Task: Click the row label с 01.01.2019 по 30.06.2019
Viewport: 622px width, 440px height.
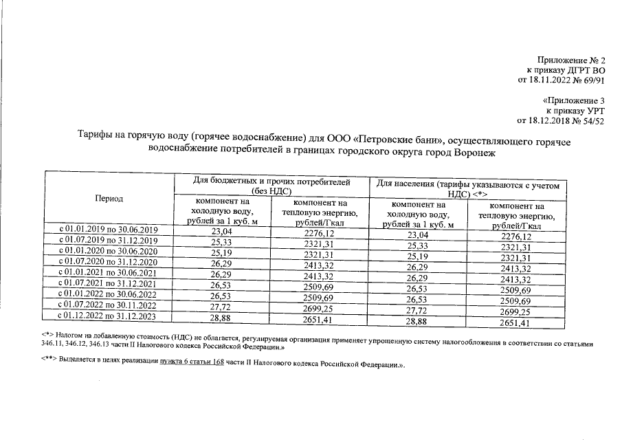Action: click(108, 230)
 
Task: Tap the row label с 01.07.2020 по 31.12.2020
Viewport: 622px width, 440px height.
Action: click(108, 262)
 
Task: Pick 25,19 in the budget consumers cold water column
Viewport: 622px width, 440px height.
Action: click(219, 254)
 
